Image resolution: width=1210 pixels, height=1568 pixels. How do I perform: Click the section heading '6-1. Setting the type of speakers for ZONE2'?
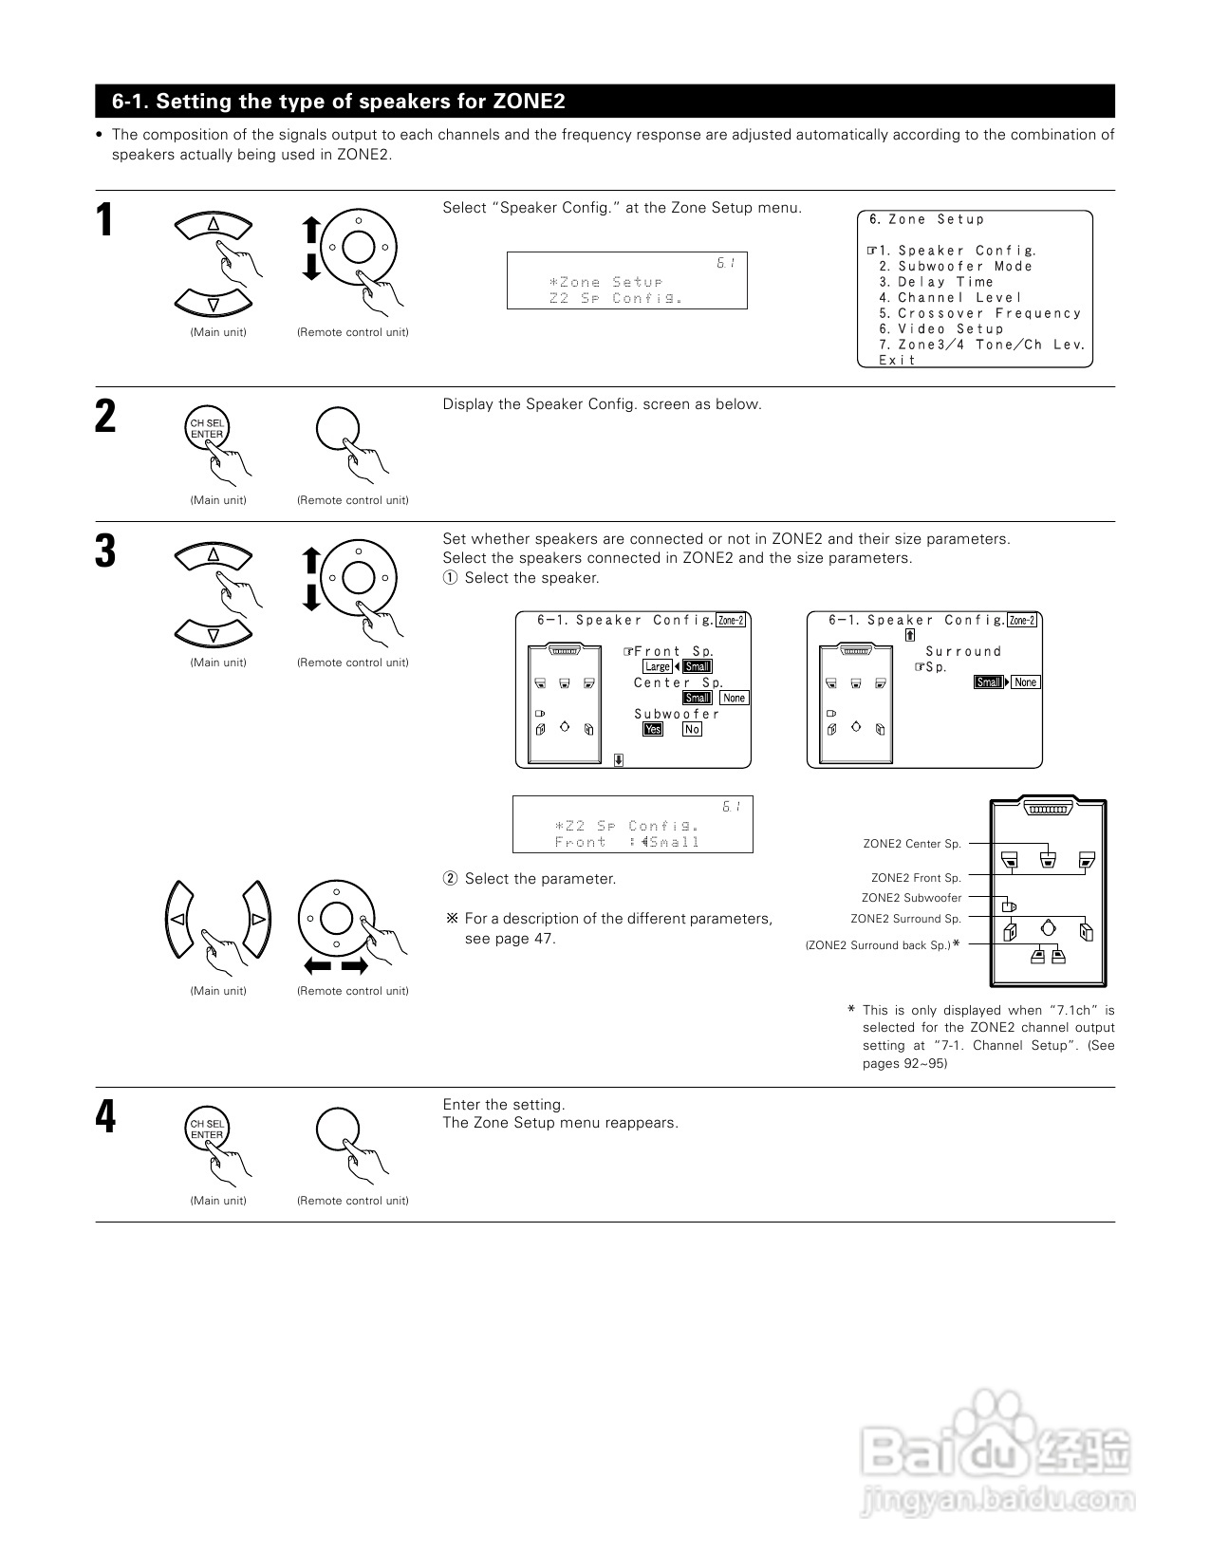[x=339, y=102]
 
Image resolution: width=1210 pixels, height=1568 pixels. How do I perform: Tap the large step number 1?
[x=105, y=221]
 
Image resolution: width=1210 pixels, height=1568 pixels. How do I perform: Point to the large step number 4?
[x=105, y=1117]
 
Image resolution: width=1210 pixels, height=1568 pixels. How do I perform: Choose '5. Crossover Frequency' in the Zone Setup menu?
[x=979, y=313]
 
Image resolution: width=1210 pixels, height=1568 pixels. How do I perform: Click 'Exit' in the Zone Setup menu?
[x=897, y=360]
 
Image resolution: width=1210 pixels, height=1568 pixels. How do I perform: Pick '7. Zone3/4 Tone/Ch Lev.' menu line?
[x=981, y=345]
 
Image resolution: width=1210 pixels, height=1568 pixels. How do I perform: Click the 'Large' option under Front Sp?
[x=658, y=666]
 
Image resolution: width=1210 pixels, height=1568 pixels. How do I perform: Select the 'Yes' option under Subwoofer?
[x=653, y=729]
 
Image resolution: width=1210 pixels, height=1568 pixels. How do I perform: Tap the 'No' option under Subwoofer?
[x=692, y=729]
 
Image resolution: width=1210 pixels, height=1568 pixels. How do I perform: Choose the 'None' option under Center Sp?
[x=735, y=698]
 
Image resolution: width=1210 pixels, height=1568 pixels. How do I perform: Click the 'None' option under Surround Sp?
[x=1026, y=682]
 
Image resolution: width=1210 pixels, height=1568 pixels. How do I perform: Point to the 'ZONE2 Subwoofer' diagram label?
[x=911, y=898]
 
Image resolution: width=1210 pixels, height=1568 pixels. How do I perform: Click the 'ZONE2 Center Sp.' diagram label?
[x=912, y=844]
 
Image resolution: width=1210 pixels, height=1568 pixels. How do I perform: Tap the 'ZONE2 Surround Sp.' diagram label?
[x=905, y=919]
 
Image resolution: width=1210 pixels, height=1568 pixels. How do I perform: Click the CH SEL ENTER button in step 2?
[x=207, y=429]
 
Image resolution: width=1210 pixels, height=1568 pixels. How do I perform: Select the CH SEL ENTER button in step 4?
[x=207, y=1129]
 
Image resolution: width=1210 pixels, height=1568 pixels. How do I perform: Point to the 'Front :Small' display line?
[x=627, y=842]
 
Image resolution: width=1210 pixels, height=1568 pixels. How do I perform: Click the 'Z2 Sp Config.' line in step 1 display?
[x=616, y=298]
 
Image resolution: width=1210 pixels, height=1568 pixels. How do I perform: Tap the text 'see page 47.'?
[x=510, y=939]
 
